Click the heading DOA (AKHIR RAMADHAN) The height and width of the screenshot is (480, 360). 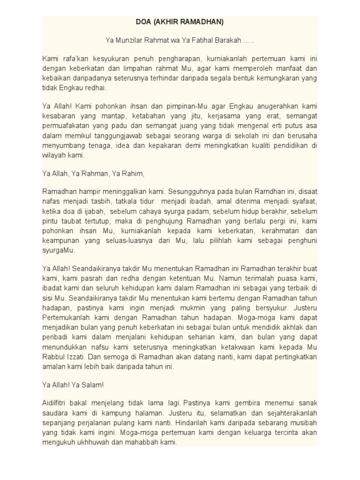coord(180,22)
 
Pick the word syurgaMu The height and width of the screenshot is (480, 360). coord(55,250)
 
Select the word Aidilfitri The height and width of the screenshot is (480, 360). coord(57,403)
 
